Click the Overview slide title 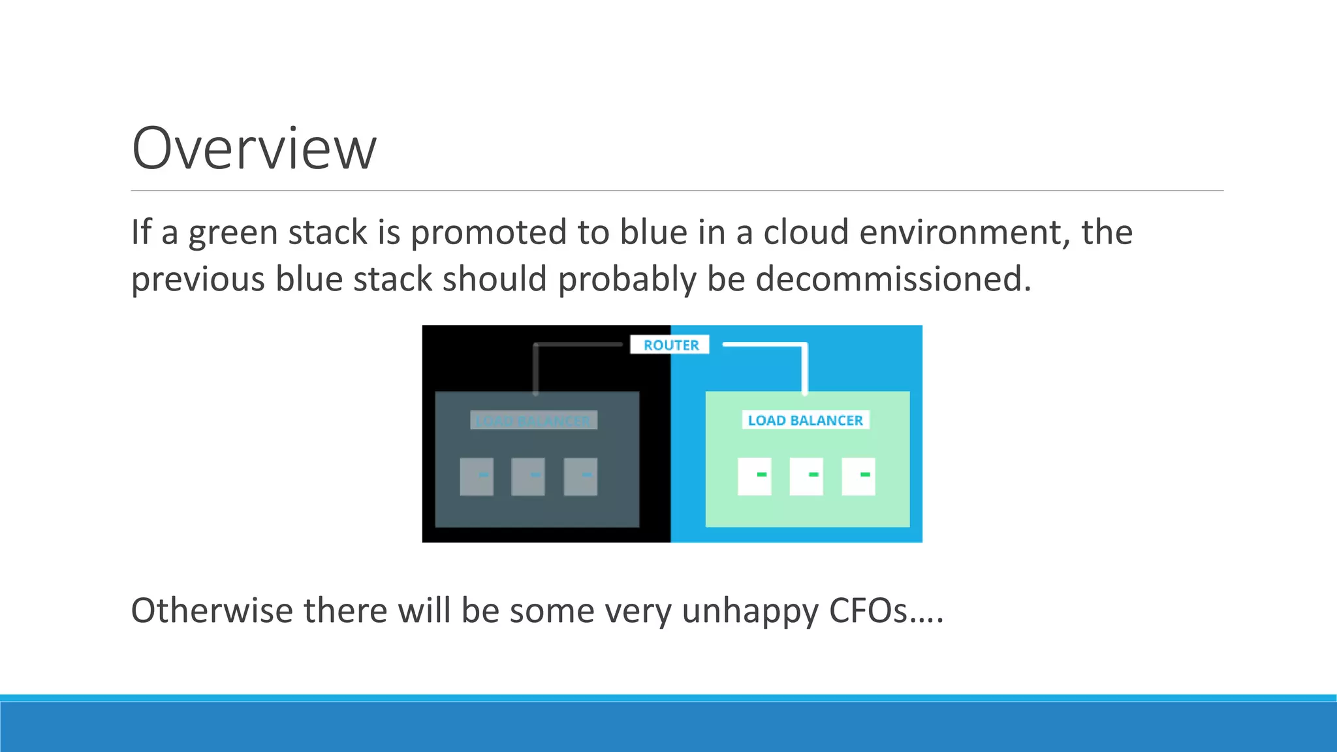(254, 149)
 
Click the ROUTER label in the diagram (670, 345)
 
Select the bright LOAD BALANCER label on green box (805, 420)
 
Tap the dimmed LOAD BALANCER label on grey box (533, 421)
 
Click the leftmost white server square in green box (754, 476)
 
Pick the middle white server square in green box (806, 476)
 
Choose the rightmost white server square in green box (858, 476)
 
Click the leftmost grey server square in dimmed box (477, 476)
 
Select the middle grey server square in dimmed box (528, 476)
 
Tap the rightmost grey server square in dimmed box (580, 476)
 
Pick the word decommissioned (893, 279)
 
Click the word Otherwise (212, 611)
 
